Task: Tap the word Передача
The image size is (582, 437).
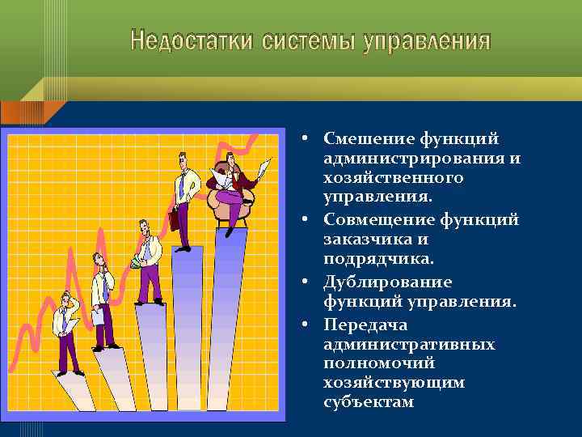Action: pos(362,325)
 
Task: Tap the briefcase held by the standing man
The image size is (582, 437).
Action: pos(174,219)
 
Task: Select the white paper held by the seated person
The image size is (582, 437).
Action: pos(263,168)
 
